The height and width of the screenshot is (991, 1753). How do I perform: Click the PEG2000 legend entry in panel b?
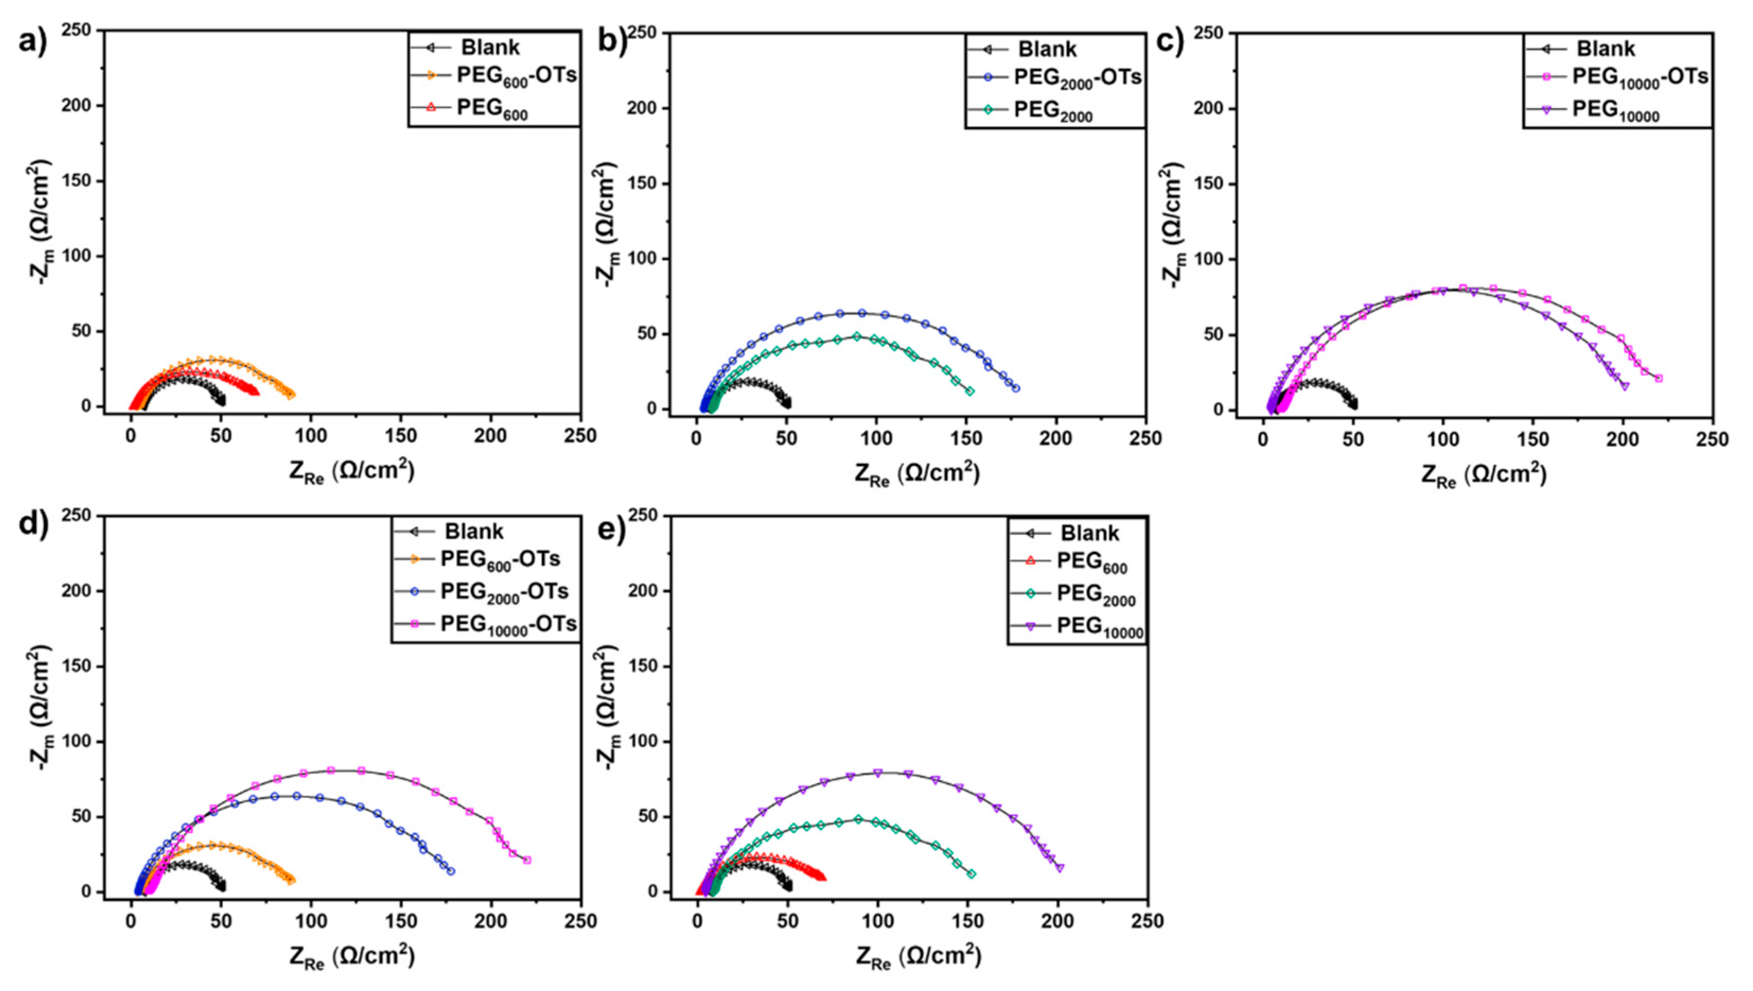pos(1052,111)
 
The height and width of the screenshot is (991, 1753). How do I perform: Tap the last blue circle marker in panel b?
pos(1016,388)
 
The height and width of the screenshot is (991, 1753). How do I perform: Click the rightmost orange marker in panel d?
pos(292,879)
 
